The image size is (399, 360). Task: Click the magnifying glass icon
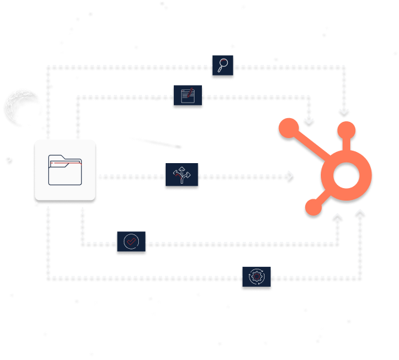click(222, 65)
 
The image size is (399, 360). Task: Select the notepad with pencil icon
click(188, 97)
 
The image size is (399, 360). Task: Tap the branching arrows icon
click(181, 177)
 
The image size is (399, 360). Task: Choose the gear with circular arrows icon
click(257, 277)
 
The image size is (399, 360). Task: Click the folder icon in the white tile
click(65, 170)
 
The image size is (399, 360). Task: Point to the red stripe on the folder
click(65, 163)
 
